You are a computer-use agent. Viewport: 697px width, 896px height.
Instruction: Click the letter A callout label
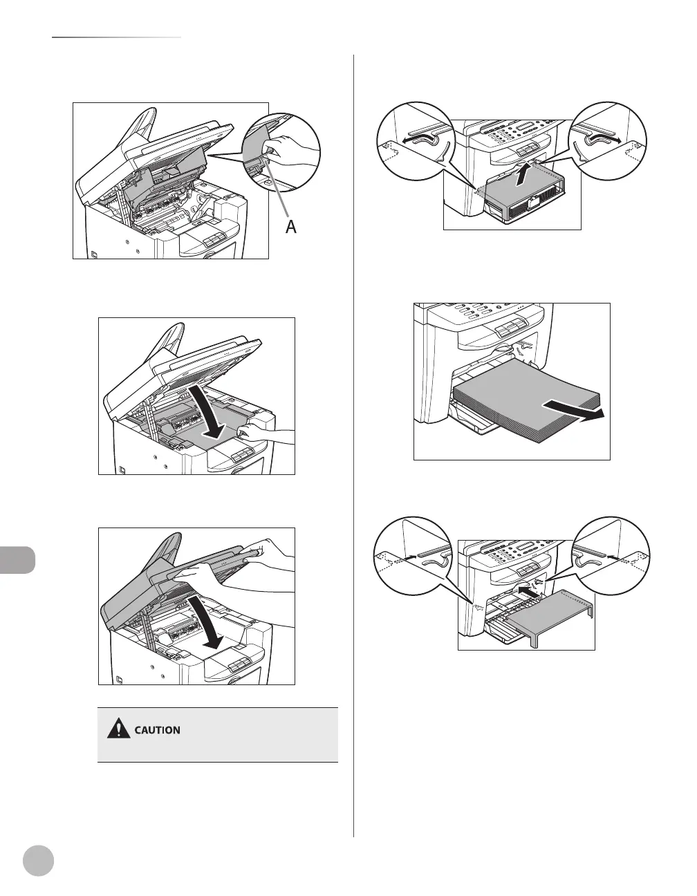click(291, 225)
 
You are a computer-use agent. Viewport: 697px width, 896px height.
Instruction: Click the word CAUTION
click(158, 730)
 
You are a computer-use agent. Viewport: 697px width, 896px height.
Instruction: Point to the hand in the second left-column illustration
click(259, 434)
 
